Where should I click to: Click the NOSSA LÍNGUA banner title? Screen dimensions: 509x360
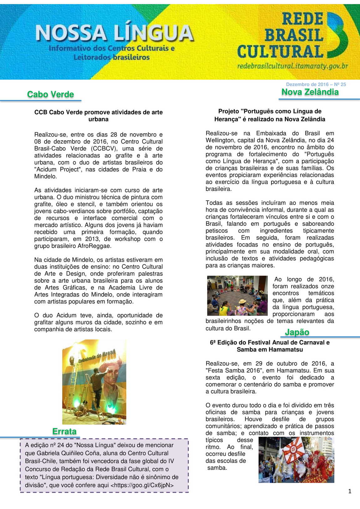(114, 33)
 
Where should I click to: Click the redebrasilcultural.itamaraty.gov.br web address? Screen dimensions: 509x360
(292, 66)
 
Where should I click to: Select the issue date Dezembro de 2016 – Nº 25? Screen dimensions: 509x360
(316, 84)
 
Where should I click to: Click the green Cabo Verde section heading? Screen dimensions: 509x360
(50, 94)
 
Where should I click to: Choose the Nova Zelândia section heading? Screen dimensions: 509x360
(310, 92)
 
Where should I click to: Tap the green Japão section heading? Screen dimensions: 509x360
(297, 332)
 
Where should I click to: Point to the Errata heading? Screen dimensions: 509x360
(64, 431)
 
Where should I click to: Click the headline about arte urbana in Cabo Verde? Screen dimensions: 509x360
(98, 116)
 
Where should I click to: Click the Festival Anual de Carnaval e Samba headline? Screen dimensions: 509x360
(270, 346)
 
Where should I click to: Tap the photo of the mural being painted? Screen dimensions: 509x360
(94, 382)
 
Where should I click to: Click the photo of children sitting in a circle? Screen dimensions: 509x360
(237, 296)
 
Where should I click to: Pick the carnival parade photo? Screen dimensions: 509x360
(296, 460)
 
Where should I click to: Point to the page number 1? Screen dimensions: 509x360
(350, 491)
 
